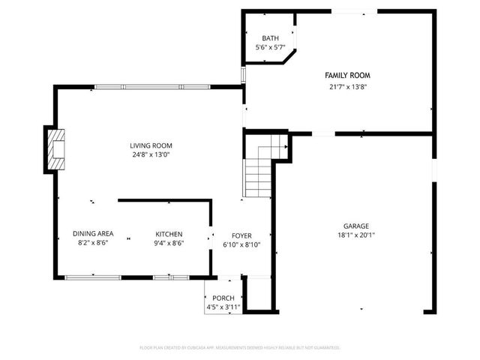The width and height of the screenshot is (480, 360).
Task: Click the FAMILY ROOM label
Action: coord(347,76)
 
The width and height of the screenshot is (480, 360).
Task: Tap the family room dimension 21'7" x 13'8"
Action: coord(347,86)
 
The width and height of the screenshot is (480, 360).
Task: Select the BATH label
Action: coord(269,38)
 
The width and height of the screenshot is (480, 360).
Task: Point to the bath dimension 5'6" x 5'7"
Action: coord(269,48)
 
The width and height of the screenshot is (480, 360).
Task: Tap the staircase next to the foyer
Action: coord(258,169)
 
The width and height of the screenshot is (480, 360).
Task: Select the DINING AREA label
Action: coord(93,233)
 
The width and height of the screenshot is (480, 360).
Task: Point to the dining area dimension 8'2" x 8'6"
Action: coord(93,243)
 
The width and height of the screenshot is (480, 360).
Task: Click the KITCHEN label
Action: coord(169,233)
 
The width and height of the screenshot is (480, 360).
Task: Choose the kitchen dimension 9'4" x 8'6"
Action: coord(169,243)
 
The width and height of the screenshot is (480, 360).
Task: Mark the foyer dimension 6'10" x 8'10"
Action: coord(241,244)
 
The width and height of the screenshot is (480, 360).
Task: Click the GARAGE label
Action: coord(356,226)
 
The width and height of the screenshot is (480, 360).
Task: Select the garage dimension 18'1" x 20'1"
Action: coord(356,235)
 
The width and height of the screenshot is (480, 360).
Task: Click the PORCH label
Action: coord(223,298)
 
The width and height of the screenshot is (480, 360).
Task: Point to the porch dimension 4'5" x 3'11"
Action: coord(223,307)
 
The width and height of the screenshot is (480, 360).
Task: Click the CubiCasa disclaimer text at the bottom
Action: coord(240,348)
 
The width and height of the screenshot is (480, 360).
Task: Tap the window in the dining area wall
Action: coord(93,277)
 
